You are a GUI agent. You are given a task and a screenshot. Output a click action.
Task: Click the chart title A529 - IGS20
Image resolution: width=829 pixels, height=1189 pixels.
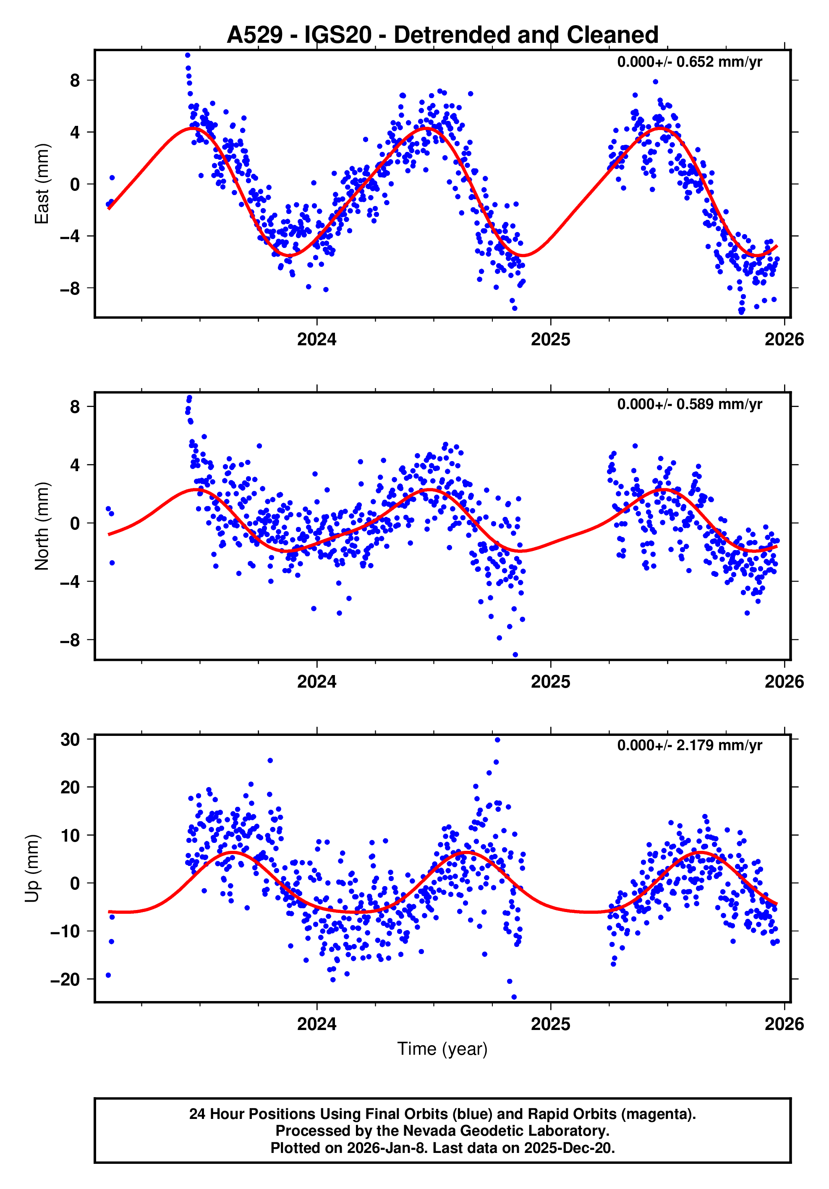[442, 35]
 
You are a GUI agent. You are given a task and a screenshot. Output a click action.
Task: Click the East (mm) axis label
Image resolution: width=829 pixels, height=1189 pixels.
[42, 184]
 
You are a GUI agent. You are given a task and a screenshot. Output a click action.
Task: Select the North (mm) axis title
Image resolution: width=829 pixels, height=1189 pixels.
[42, 526]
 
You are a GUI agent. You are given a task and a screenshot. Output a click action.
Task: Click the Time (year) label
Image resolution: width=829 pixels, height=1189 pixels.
[442, 1048]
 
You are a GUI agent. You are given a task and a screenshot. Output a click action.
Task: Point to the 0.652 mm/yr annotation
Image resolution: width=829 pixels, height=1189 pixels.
[689, 62]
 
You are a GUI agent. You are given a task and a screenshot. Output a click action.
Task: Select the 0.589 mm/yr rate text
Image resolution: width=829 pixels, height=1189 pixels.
[689, 404]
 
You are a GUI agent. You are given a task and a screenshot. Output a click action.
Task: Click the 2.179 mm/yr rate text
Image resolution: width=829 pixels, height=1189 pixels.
[689, 745]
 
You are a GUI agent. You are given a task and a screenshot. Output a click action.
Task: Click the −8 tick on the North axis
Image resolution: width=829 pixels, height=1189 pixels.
[71, 640]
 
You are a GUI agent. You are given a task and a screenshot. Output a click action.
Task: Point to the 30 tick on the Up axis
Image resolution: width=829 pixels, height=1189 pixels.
[71, 740]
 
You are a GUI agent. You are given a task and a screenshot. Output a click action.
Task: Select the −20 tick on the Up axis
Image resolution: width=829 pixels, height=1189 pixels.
[65, 979]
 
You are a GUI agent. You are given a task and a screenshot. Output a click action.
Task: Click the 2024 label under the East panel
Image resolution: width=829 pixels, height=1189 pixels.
[316, 340]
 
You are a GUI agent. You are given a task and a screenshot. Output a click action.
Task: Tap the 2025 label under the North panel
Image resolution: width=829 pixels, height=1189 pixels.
[550, 681]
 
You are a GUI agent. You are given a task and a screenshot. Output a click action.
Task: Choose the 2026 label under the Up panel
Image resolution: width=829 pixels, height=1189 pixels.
[784, 1024]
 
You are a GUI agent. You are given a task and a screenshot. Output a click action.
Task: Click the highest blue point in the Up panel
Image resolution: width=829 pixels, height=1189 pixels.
[497, 740]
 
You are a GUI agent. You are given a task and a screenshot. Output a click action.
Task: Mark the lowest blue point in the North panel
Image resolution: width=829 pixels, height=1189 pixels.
[515, 655]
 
